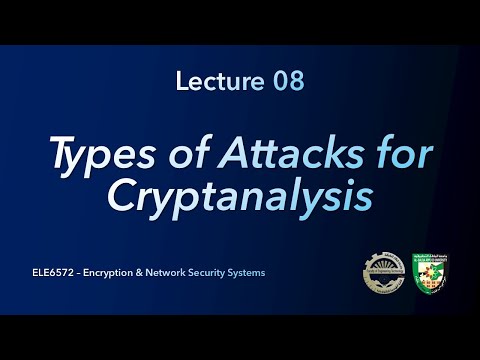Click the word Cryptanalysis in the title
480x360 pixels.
click(x=240, y=194)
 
